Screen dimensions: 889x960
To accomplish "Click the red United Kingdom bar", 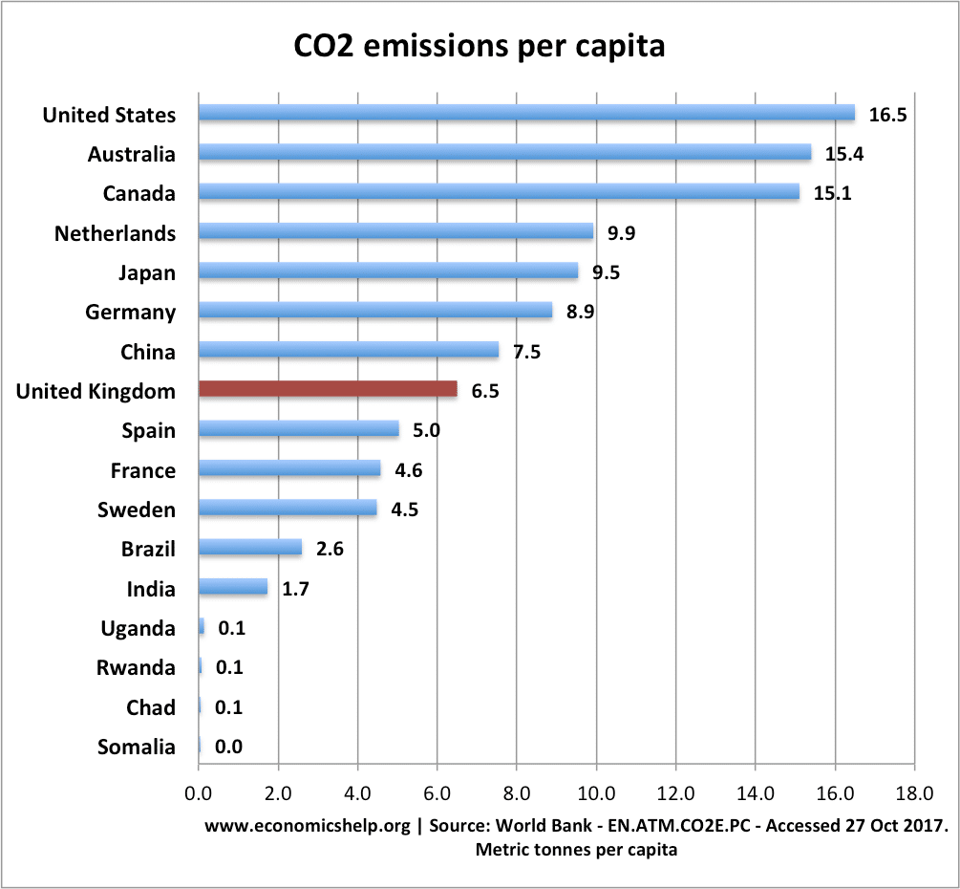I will pyautogui.click(x=328, y=390).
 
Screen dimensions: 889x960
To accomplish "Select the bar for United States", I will pyautogui.click(x=526, y=113).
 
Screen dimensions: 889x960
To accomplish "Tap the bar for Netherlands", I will pyautogui.click(x=395, y=231).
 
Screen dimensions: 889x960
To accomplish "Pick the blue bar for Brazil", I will pyautogui.click(x=250, y=548).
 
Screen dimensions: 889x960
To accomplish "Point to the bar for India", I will pyautogui.click(x=232, y=587).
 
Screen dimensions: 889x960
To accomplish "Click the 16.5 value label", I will pyautogui.click(x=887, y=115).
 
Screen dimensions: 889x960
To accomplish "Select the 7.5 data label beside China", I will pyautogui.click(x=526, y=352).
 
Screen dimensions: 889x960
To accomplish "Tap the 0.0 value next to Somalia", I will pyautogui.click(x=229, y=748).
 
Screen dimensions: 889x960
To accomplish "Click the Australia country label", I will pyautogui.click(x=132, y=154).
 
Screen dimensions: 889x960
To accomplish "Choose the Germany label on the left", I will pyautogui.click(x=131, y=313).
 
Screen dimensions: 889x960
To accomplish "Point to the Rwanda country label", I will pyautogui.click(x=137, y=668).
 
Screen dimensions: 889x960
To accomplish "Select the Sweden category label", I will pyautogui.click(x=137, y=510).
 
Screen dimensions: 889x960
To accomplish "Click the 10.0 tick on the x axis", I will pyautogui.click(x=596, y=792).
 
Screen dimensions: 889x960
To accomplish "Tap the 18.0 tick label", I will pyautogui.click(x=913, y=792).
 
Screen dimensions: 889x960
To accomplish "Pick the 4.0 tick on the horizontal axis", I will pyautogui.click(x=357, y=792).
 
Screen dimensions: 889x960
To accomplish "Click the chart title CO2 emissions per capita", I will pyautogui.click(x=480, y=45).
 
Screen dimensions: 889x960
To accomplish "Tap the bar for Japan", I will pyautogui.click(x=388, y=271).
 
